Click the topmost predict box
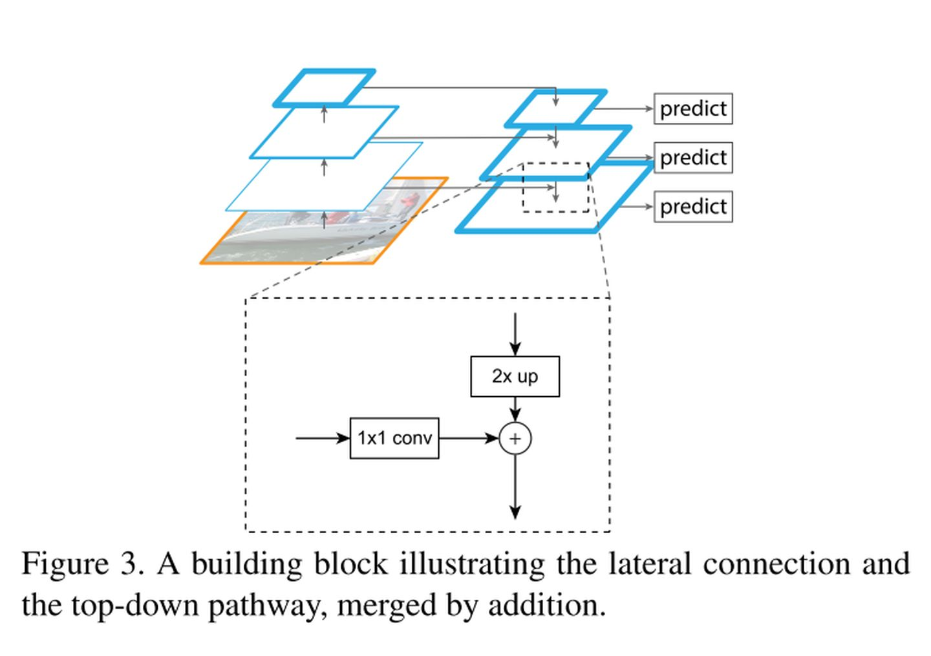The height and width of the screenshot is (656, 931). point(693,109)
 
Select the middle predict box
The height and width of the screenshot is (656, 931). point(693,158)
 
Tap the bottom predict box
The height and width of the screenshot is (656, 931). point(693,207)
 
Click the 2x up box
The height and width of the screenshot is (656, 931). point(515,376)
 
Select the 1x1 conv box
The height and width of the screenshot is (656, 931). point(394,438)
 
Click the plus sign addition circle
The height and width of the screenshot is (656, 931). point(515,439)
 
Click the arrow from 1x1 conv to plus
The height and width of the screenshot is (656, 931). point(469,438)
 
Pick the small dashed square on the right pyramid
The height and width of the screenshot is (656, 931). point(555,187)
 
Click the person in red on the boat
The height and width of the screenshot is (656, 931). point(407,202)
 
